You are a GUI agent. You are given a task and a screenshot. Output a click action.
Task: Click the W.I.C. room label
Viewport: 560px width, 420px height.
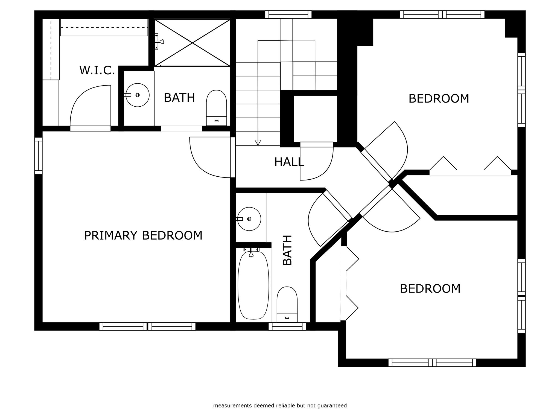coord(97,70)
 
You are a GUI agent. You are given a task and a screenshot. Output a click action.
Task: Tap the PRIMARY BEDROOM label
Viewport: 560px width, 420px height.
coord(143,235)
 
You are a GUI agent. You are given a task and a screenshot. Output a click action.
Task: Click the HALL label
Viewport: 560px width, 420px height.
coord(289,162)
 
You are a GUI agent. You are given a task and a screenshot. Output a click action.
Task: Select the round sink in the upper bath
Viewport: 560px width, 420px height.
coord(137,95)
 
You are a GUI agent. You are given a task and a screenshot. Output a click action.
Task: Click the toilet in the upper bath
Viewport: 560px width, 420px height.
coord(217,108)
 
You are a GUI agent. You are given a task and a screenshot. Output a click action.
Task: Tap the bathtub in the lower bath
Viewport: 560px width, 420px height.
coord(253,285)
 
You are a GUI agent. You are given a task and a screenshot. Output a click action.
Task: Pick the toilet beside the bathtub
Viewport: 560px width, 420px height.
coord(287,304)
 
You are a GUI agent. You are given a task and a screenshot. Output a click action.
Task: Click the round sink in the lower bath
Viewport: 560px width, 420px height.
coord(249,219)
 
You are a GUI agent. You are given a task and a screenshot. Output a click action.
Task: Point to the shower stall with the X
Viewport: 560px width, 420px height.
coord(192,43)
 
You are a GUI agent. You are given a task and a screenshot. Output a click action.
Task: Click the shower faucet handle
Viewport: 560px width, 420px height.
coord(159,42)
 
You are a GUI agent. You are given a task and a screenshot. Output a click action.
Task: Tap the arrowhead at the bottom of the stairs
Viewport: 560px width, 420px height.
coord(258,142)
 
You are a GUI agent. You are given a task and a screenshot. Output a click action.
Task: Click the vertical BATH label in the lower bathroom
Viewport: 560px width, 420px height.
coord(287,250)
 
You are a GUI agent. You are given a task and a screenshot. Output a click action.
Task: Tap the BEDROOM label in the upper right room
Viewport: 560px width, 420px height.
coord(439,99)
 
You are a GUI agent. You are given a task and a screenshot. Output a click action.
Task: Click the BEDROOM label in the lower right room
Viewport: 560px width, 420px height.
coord(430,289)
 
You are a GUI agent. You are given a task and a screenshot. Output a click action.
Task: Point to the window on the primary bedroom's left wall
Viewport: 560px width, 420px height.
coord(38,156)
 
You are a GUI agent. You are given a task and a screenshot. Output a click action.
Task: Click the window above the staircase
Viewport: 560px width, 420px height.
coord(288,14)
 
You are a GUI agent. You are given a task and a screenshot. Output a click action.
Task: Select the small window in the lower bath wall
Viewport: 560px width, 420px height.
coord(287,326)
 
